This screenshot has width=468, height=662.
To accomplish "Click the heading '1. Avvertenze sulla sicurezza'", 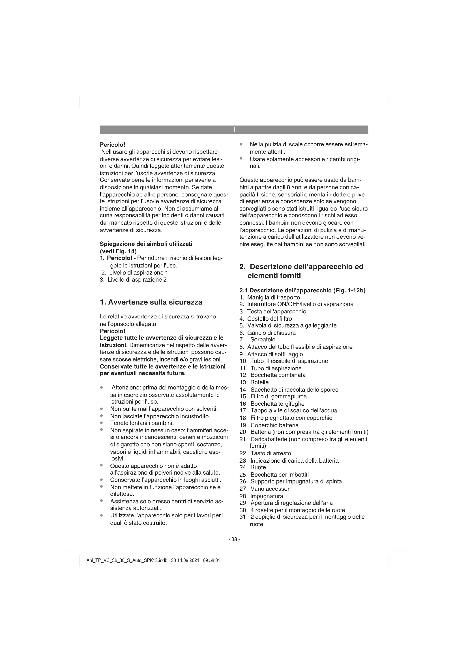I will (x=151, y=303).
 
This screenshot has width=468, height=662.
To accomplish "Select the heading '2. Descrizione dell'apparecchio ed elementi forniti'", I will (x=301, y=271).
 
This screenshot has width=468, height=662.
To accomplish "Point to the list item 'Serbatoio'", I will (x=263, y=340).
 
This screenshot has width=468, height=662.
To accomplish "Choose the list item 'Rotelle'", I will (x=259, y=382).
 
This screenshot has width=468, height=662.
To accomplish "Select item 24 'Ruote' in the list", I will (x=258, y=467).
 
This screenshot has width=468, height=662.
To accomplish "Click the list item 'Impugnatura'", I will (x=267, y=496).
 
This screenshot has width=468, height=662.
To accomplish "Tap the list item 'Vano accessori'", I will (x=270, y=489).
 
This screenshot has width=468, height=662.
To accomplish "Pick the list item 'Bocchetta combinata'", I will (x=278, y=375).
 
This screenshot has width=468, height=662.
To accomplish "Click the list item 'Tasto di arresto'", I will (x=271, y=453).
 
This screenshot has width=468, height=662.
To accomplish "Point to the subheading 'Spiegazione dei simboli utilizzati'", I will (x=146, y=244).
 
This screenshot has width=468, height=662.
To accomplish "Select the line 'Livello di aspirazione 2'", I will (x=137, y=280).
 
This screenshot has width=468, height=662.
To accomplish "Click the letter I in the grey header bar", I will (x=234, y=130).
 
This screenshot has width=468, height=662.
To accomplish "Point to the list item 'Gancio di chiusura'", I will (x=271, y=333).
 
